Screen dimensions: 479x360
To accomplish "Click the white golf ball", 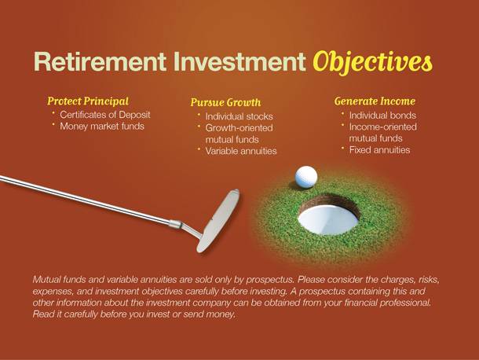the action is point(306,177).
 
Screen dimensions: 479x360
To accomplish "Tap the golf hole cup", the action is point(329,215).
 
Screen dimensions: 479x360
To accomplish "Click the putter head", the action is point(218,221).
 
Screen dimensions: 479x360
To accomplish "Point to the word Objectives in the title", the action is point(372,62).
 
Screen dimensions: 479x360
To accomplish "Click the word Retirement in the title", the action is point(100,61).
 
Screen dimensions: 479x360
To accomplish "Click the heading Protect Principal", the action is point(88,101).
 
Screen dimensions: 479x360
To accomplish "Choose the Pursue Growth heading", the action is point(225,102).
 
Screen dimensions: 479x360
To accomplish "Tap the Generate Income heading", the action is point(375,101).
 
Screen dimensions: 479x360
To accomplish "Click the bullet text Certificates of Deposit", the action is point(105,115).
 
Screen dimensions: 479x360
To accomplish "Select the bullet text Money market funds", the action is point(102,127).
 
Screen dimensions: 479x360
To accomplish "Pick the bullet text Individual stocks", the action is point(239,116).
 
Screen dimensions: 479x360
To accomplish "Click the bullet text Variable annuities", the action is point(241,151).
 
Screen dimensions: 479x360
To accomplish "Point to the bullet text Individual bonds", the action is point(382,116).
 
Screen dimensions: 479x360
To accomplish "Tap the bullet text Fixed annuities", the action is point(379,150).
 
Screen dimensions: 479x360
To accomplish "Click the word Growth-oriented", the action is point(239,128).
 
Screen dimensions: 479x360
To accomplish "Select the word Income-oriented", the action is point(382,127).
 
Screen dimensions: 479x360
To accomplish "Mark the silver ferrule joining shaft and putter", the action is point(176,224).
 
